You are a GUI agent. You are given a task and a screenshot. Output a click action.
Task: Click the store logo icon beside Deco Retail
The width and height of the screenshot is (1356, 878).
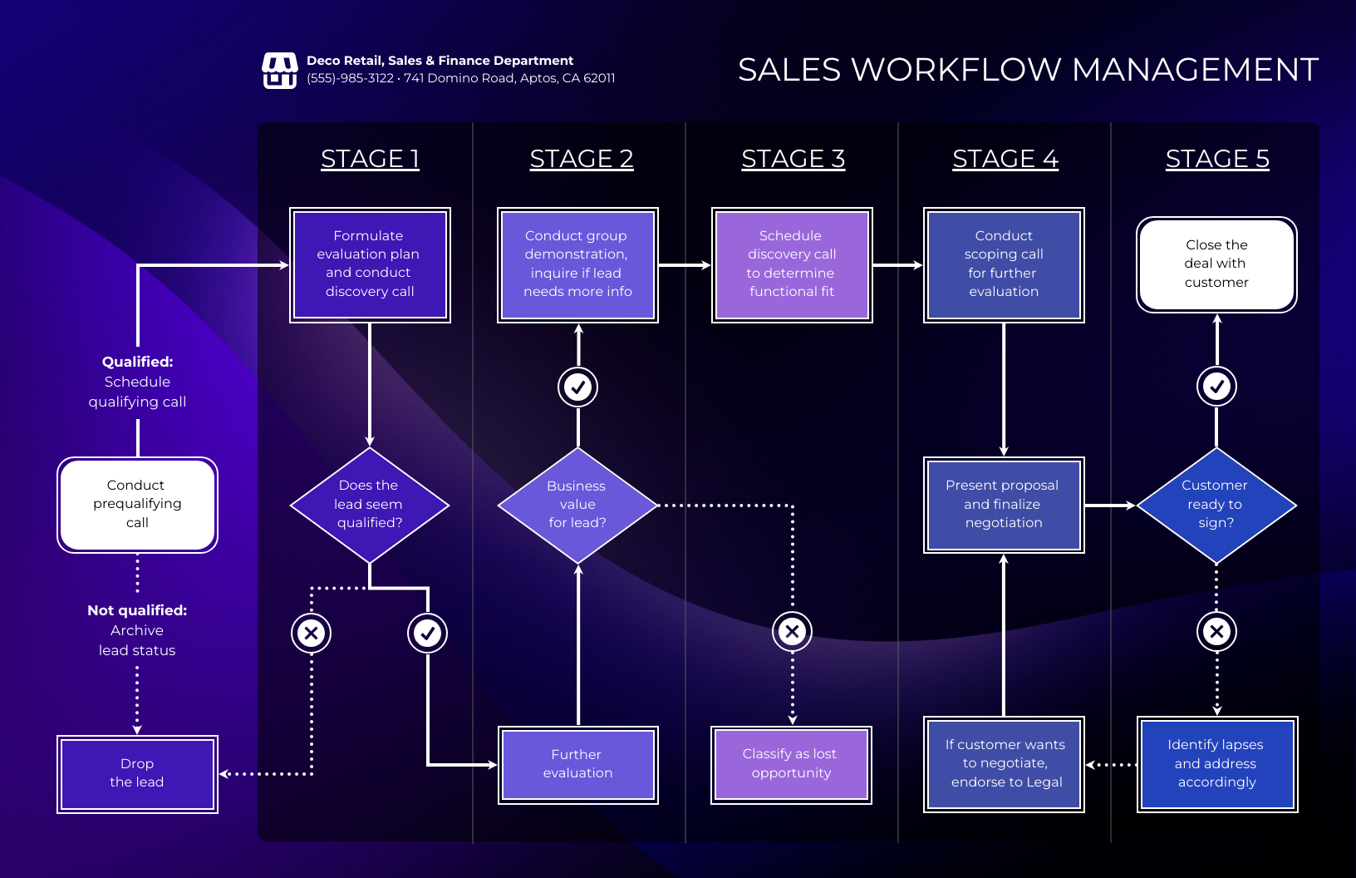click(x=279, y=71)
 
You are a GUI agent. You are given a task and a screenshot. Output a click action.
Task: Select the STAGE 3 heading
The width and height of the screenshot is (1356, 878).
click(x=793, y=159)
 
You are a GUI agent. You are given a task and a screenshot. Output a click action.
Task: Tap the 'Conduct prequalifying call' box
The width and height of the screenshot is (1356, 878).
click(x=137, y=505)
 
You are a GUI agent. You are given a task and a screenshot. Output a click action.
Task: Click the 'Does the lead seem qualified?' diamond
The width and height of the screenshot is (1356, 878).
click(x=369, y=505)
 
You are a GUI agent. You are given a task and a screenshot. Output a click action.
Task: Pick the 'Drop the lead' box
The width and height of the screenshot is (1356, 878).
click(x=137, y=773)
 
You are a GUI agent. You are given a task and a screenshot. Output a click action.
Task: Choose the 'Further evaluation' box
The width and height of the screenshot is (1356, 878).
click(x=577, y=764)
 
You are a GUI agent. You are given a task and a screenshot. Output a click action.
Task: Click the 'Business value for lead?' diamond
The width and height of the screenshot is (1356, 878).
click(x=577, y=505)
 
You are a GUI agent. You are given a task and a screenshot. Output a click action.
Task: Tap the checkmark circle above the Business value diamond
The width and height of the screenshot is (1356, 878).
click(x=577, y=387)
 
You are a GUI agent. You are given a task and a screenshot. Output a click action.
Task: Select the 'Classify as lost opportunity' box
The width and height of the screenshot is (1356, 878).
click(x=790, y=764)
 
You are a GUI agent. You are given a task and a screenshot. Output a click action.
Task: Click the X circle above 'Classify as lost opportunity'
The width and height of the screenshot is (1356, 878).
click(x=792, y=632)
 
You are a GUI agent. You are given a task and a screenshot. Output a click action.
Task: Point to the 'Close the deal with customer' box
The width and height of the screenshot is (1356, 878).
click(x=1216, y=264)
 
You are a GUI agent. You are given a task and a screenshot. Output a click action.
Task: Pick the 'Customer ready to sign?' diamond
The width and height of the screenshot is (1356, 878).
click(x=1216, y=505)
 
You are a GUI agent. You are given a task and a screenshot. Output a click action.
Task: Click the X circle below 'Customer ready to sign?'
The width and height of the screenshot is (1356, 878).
click(x=1216, y=632)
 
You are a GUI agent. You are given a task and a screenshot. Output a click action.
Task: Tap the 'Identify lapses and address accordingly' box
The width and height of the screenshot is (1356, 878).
click(x=1216, y=764)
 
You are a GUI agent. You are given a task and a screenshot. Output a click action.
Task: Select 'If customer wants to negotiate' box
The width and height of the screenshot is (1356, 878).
click(x=1004, y=764)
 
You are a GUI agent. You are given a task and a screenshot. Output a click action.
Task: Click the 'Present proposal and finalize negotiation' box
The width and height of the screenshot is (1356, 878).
click(x=1004, y=505)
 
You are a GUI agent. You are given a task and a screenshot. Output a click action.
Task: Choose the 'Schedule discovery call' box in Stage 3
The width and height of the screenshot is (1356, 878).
click(x=791, y=264)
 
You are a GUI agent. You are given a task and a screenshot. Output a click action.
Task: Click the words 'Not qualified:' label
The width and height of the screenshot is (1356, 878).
click(x=137, y=610)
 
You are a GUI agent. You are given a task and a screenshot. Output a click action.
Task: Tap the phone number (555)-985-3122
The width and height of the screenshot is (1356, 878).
click(x=350, y=78)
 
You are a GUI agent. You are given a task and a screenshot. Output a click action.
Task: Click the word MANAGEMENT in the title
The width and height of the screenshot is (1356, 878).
click(x=1195, y=70)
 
